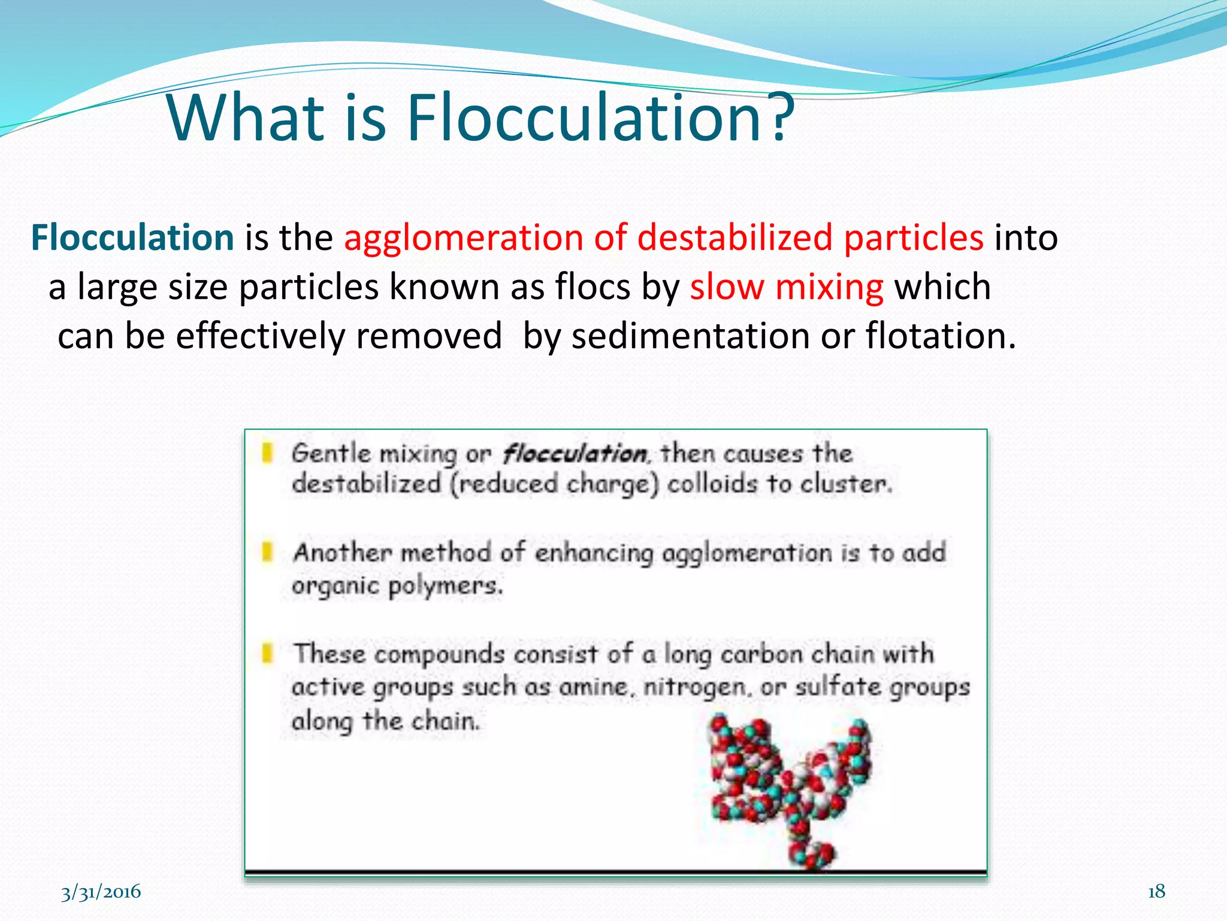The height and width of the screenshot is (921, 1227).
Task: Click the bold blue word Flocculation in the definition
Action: point(132,237)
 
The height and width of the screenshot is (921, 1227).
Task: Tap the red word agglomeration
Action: point(463,237)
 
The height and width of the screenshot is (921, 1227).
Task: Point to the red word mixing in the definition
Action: point(829,287)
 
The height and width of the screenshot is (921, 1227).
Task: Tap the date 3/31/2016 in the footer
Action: point(101,892)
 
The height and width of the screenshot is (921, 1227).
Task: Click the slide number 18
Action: point(1156,892)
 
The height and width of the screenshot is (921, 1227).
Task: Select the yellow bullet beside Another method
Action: point(268,552)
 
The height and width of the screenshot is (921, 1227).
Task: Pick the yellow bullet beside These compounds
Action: point(268,653)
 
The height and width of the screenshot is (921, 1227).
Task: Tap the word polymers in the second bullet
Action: point(445,586)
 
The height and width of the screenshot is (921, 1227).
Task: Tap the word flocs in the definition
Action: point(593,287)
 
